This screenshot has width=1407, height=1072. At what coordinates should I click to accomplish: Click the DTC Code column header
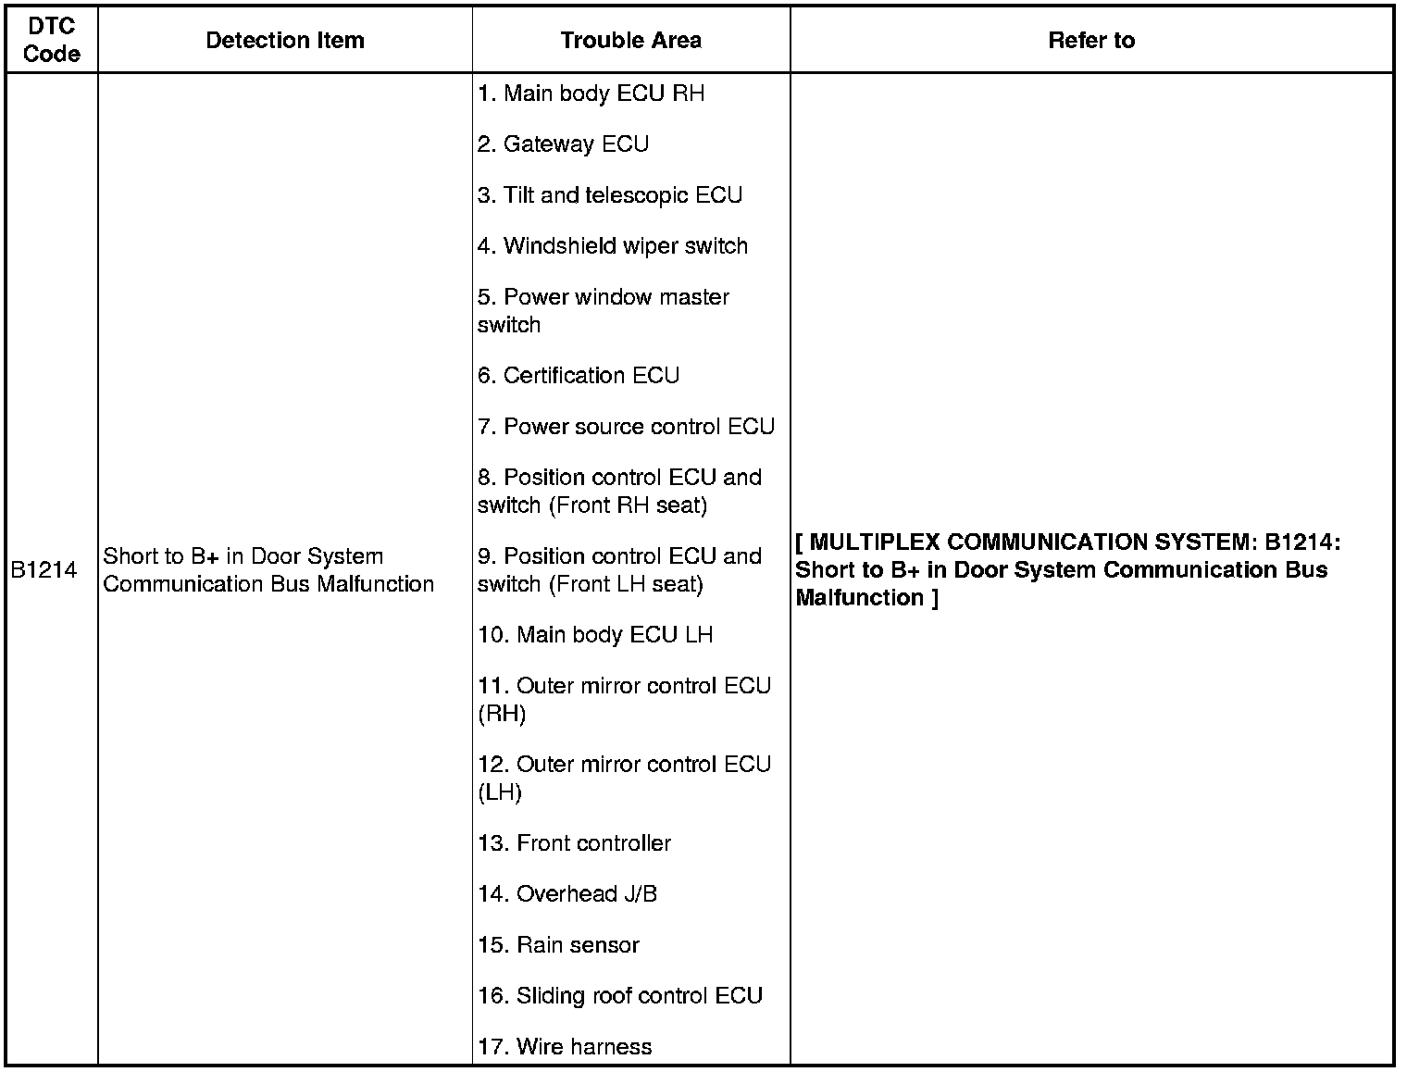click(52, 41)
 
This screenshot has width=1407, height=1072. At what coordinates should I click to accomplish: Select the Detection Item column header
click(285, 41)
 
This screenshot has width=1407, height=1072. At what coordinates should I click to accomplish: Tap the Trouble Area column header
click(630, 41)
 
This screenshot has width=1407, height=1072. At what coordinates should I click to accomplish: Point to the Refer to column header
click(1091, 41)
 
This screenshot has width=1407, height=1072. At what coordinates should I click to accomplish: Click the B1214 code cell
click(44, 570)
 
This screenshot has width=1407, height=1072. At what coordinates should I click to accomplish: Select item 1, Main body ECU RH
click(591, 93)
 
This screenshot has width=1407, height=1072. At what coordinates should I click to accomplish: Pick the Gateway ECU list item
click(564, 144)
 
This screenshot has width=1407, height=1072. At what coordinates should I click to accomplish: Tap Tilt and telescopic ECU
click(610, 195)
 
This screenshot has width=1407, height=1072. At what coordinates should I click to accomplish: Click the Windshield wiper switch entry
click(613, 246)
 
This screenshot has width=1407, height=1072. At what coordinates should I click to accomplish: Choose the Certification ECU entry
click(579, 376)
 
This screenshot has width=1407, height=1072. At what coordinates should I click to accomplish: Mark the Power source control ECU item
click(627, 427)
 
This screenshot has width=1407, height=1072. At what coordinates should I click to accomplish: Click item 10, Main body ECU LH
click(595, 635)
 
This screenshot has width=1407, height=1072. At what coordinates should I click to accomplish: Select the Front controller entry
click(575, 843)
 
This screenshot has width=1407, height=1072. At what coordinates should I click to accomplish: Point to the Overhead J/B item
click(567, 894)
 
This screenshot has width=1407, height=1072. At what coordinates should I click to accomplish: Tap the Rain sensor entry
click(559, 945)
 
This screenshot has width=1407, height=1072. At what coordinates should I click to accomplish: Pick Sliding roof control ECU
click(620, 996)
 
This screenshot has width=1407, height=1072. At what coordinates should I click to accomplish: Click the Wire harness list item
click(566, 1047)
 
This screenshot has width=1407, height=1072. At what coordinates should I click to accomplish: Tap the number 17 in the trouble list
click(492, 1047)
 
